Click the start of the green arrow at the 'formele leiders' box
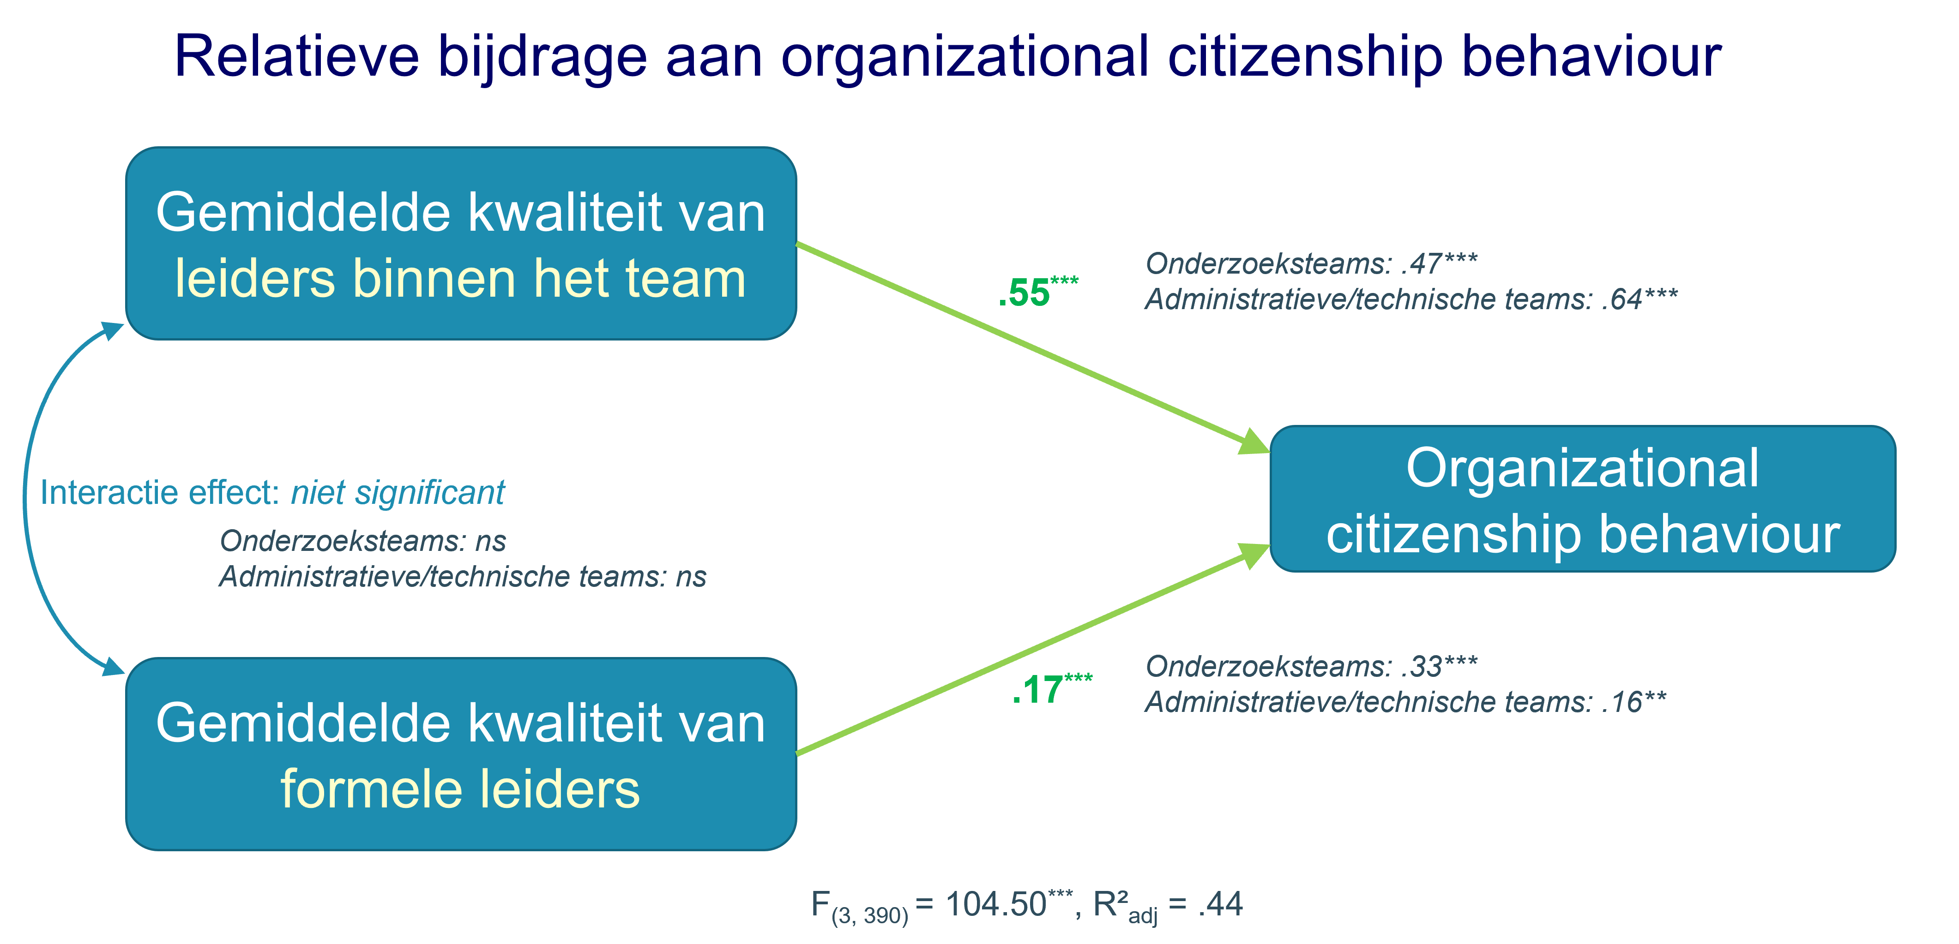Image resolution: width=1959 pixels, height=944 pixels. [796, 754]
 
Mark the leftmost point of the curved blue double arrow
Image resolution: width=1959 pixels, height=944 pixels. [25, 498]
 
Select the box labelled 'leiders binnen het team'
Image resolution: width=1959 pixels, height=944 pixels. [461, 243]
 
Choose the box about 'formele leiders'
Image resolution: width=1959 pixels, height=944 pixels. [461, 754]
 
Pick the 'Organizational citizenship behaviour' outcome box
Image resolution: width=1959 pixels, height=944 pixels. [1583, 499]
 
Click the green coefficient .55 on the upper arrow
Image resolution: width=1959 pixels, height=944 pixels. [1024, 293]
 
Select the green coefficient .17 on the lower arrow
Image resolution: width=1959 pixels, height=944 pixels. [1037, 691]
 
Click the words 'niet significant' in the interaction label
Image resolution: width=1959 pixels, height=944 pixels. [398, 492]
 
